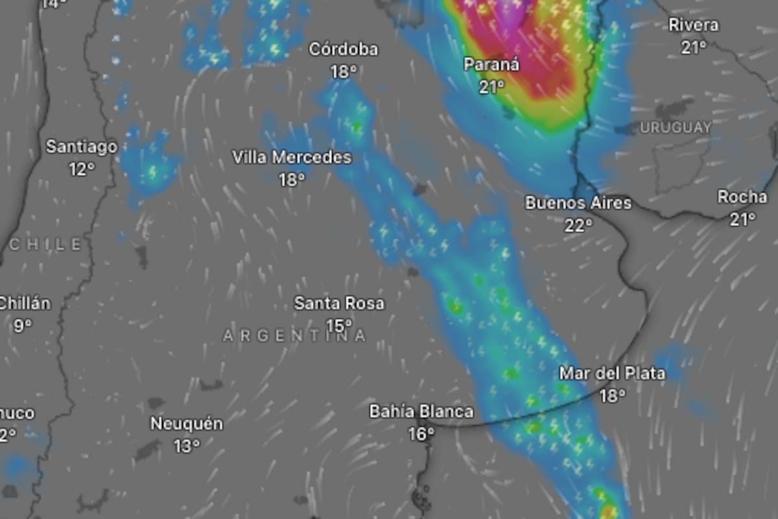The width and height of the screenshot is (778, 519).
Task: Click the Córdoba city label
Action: [x=343, y=49]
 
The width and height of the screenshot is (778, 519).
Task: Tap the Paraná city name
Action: [x=491, y=64]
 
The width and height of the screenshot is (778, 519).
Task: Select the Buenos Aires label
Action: [x=578, y=203]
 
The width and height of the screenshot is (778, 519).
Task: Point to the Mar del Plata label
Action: [x=611, y=374]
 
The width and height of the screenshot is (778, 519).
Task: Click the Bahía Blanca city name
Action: [x=421, y=411]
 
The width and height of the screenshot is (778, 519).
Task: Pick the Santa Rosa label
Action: [x=339, y=303]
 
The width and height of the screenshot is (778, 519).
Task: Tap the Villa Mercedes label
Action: [x=292, y=157]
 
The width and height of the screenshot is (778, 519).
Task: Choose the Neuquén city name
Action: [x=187, y=424]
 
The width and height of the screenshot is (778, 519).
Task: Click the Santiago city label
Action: [x=82, y=147]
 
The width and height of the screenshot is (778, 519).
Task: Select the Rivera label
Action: [x=693, y=25]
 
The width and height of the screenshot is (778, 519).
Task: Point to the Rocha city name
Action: [x=742, y=197]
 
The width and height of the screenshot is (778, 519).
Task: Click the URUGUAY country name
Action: [x=676, y=128]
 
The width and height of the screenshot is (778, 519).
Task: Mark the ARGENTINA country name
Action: [x=294, y=335]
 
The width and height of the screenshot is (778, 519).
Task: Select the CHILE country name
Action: [x=45, y=245]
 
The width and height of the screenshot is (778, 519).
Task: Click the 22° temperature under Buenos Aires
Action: [x=578, y=225]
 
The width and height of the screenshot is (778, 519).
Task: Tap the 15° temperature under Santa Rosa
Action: [x=339, y=325]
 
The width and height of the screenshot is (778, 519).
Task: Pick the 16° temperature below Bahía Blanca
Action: [x=421, y=433]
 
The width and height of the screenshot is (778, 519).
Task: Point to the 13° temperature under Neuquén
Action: [x=187, y=446]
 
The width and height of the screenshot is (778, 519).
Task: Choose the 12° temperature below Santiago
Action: [x=82, y=169]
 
